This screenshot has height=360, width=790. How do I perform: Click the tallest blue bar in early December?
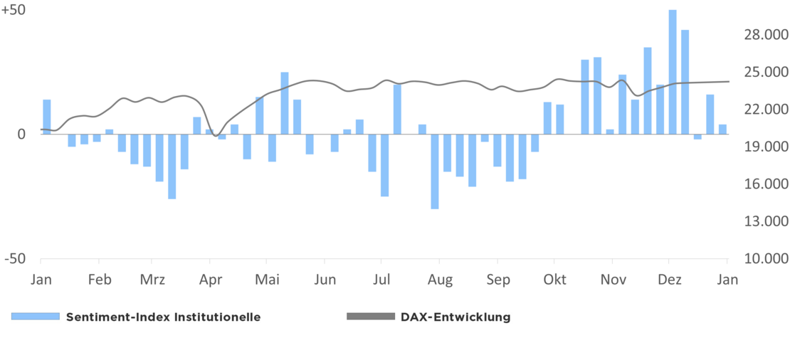pos(673,71)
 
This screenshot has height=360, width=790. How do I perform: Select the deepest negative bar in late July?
pos(434,171)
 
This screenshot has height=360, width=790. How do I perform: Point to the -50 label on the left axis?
pos(16,259)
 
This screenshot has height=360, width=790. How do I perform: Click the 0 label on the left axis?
pos(21,134)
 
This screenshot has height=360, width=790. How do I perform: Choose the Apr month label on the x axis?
pos(210,280)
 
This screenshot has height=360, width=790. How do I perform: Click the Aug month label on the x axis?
pos(441,280)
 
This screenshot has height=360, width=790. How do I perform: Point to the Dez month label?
pos(669,280)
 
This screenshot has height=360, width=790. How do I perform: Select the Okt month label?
pos(554,280)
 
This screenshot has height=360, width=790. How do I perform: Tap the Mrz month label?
pos(152,280)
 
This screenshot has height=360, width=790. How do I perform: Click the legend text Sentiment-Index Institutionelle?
pos(163,317)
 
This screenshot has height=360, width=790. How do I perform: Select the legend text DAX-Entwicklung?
pos(455,317)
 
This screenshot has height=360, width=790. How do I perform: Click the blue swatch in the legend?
pos(36,317)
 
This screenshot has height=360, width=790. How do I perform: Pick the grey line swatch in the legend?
pos(370,317)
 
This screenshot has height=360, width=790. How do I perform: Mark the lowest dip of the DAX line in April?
pos(216,136)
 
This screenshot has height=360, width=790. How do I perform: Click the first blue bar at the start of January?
pos(47,117)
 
